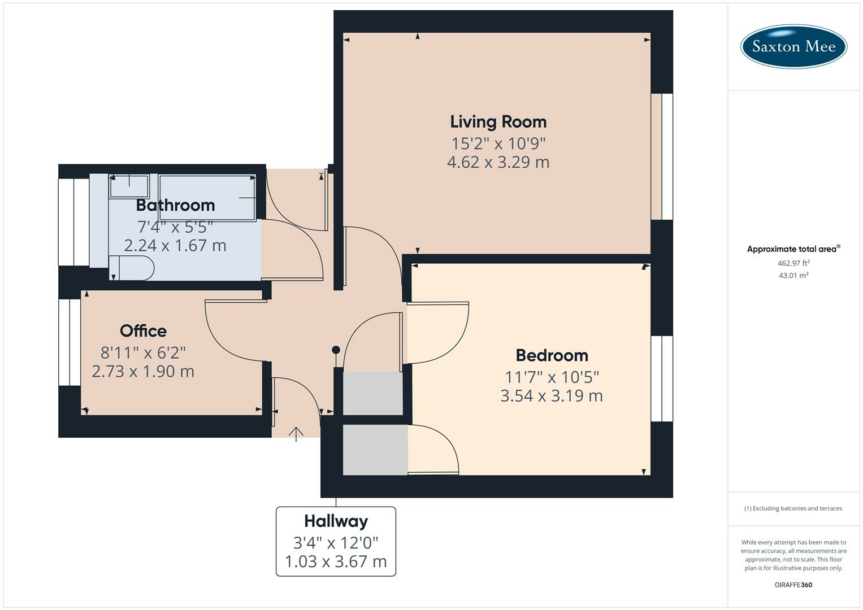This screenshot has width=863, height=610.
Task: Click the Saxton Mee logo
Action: click(x=793, y=46)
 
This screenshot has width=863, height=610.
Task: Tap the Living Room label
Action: click(x=498, y=122)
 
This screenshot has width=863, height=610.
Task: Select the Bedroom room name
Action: click(x=552, y=355)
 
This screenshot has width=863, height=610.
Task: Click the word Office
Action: click(x=143, y=331)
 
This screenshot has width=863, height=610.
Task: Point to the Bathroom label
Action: click(x=175, y=205)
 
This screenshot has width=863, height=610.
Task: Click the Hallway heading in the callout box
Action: click(x=336, y=521)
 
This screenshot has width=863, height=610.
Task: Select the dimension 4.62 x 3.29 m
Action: click(x=498, y=162)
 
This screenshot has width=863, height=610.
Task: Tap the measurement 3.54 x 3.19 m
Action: click(x=552, y=396)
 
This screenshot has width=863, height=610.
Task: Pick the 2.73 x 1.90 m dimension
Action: click(x=143, y=372)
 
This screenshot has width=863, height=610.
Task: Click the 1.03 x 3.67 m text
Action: click(x=336, y=561)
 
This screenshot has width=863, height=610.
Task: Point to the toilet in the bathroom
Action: click(x=132, y=268)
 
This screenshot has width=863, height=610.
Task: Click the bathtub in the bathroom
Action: click(x=207, y=198)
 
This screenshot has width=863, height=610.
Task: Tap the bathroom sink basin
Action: click(x=129, y=186)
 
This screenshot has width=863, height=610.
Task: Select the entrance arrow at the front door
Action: click(x=296, y=434)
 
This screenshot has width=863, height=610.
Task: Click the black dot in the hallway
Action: click(x=336, y=350)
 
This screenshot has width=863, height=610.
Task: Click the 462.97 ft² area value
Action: click(x=793, y=263)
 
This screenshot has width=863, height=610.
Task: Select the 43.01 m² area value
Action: click(x=793, y=276)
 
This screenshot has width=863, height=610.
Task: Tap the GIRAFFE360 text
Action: click(x=793, y=585)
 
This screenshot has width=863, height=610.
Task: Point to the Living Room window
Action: click(x=662, y=157)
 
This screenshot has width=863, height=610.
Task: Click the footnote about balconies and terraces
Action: click(x=793, y=508)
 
